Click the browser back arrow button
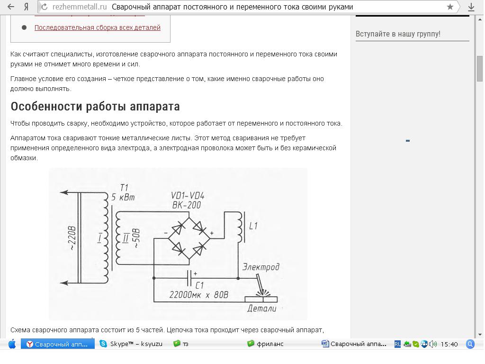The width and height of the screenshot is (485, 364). click(x=11, y=7)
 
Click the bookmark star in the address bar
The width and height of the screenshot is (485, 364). click(x=450, y=7)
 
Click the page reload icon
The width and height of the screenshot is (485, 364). click(x=44, y=7)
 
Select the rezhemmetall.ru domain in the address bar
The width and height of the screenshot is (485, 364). click(x=80, y=7)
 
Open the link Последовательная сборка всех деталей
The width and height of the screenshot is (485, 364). click(x=98, y=27)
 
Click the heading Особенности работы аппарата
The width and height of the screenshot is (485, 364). click(x=95, y=107)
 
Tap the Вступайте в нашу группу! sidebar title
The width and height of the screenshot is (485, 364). click(x=398, y=34)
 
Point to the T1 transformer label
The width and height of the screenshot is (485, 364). click(x=124, y=188)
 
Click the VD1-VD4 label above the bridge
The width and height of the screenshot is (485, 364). click(x=188, y=196)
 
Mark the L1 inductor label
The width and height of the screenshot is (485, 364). click(x=253, y=226)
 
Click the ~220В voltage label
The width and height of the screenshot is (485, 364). click(x=72, y=238)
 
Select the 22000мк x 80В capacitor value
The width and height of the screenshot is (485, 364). click(x=199, y=295)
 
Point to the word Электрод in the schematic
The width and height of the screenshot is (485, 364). click(x=261, y=267)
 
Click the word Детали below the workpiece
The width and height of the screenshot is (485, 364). click(x=261, y=308)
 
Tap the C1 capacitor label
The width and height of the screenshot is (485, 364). click(x=199, y=285)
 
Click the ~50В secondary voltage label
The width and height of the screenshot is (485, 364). click(x=136, y=238)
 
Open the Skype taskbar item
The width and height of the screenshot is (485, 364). click(x=131, y=344)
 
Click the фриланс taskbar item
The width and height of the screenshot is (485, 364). click(x=265, y=344)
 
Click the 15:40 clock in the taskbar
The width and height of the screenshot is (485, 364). click(x=449, y=344)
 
